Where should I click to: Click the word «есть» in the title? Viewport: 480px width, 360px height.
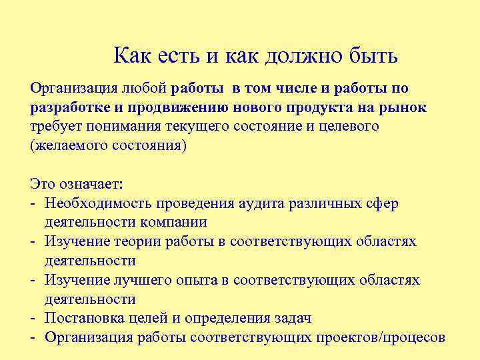(x=179, y=55)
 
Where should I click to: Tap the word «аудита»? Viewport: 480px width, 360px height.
(x=261, y=203)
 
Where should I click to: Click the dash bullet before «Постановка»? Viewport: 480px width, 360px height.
(x=33, y=318)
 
